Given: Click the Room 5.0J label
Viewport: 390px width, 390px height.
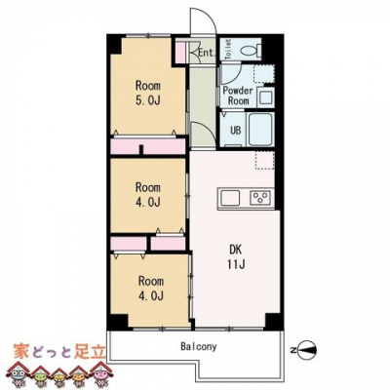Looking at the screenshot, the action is tap(148, 93).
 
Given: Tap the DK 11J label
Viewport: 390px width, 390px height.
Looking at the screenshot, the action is tap(236, 256).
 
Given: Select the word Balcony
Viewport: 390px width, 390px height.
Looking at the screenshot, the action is tap(198, 346).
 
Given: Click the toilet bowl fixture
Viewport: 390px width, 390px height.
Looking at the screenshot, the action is tap(251, 50).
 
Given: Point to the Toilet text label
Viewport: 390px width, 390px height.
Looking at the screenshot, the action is tap(228, 50).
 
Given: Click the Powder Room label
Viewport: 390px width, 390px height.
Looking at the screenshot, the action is tap(238, 96).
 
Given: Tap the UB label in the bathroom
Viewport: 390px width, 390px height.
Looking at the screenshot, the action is tap(236, 131).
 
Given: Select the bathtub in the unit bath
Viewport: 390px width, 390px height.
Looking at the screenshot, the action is tap(260, 130).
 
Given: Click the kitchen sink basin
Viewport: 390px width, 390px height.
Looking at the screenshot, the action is tap(230, 198).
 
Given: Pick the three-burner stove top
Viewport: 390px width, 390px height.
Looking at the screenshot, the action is tap(260, 198).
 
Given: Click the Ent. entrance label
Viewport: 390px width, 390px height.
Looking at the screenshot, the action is tap(207, 53).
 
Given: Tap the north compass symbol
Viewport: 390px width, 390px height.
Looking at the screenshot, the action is tap(307, 350).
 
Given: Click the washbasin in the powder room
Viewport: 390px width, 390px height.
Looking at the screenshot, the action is tap(265, 97).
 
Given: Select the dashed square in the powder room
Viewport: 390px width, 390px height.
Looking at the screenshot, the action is tap(264, 74).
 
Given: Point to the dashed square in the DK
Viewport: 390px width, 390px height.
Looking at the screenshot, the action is tap(265, 160).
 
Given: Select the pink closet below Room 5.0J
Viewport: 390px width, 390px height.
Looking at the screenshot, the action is tap(148, 146).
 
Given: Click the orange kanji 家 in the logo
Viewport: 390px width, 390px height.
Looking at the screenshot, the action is tap(22, 352).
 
